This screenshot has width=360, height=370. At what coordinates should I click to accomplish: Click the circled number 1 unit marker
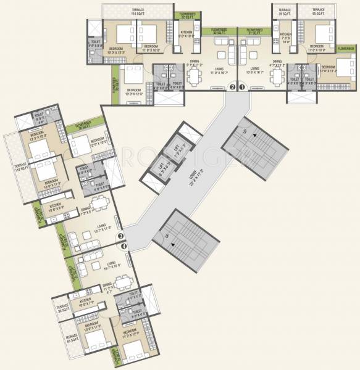point(242,87)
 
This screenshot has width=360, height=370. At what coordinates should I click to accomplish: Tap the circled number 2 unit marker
point(232,87)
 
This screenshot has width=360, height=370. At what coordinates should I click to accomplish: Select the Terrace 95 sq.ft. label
point(318,10)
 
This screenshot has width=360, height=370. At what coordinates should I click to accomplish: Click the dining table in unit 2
point(195,77)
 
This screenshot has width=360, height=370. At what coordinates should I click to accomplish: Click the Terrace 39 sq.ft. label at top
point(285,10)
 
